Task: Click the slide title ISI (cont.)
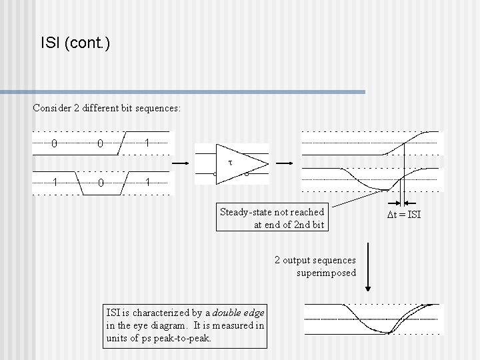75,44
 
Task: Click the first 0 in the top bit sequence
54,143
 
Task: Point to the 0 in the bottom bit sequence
99,182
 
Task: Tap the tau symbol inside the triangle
229,162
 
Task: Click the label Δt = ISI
405,214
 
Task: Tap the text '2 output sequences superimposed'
316,266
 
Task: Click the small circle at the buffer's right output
246,175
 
